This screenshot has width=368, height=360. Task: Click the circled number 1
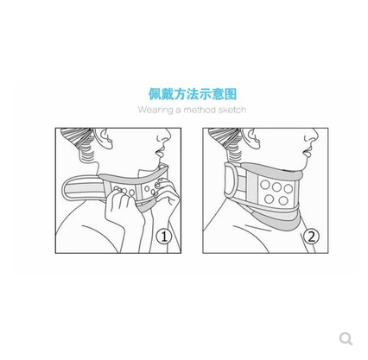pos(163,236)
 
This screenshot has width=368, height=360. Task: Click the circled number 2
pos(311,236)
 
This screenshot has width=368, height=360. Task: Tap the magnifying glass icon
pos(346,338)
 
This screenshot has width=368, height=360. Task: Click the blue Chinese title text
pos(192,93)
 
